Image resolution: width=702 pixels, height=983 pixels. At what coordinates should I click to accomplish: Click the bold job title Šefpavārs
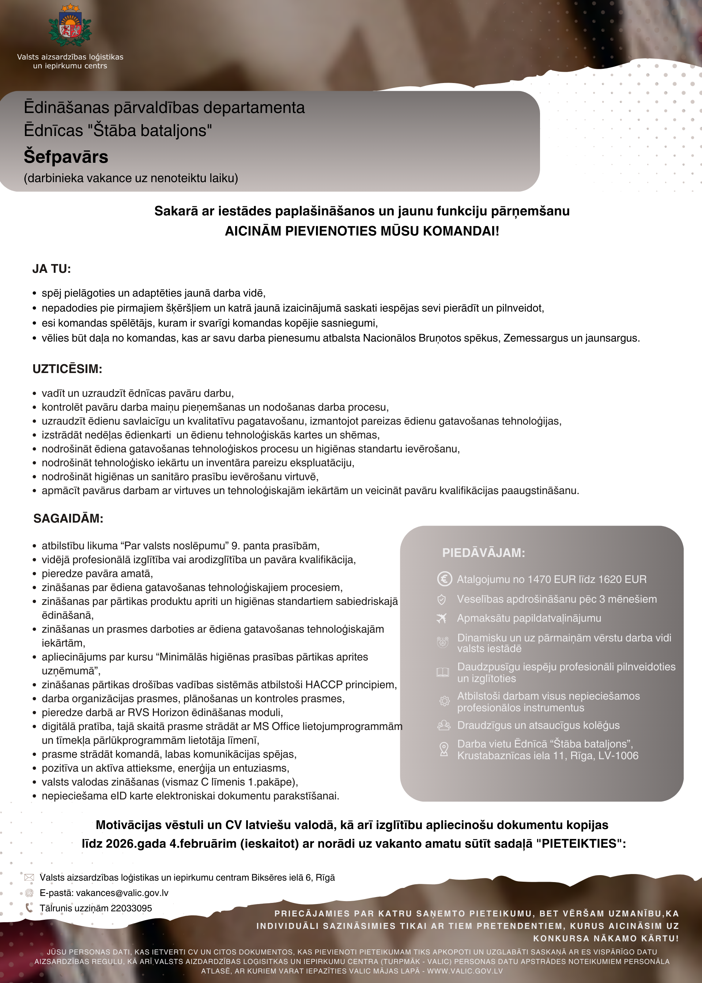pos(66,157)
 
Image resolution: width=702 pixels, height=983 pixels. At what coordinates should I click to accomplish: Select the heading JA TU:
pos(52,269)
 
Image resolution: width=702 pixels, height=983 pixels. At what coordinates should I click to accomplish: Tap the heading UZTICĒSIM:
pos(67,369)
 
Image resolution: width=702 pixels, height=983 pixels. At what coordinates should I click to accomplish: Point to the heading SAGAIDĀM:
pos(68,518)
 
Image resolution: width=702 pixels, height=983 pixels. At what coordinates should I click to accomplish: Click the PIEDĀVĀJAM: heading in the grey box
pos(483,553)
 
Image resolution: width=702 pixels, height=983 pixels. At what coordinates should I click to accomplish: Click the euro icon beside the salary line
pos(444,579)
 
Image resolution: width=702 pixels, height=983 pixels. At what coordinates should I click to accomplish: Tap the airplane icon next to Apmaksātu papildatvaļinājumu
pos(442,619)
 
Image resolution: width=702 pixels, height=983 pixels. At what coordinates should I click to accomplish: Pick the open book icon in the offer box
pos(443,672)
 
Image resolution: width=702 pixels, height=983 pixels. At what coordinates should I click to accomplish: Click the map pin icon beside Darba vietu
pos(444,749)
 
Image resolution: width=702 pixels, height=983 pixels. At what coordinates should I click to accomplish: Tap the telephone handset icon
pos(29,908)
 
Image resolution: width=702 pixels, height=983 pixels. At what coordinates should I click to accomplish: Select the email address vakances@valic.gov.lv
pos(122,893)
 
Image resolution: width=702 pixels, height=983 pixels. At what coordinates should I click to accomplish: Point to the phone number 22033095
pos(131,908)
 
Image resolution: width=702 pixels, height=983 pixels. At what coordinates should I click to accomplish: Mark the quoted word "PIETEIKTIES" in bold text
pos(579,844)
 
